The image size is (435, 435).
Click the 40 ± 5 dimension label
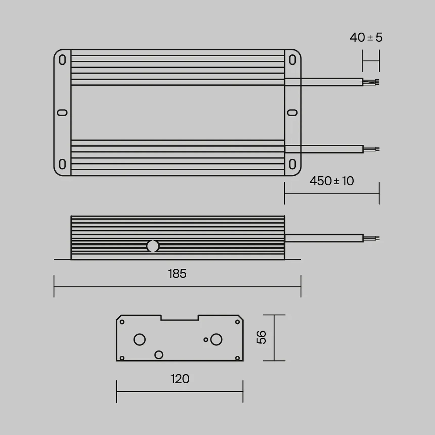[x=366, y=37]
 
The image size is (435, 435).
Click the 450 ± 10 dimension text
[x=332, y=181]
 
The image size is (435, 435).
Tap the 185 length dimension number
[x=177, y=274]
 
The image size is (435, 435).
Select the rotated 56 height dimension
[x=261, y=337]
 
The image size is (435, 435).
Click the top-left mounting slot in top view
[x=62, y=60]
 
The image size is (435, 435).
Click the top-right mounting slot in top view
[x=292, y=60]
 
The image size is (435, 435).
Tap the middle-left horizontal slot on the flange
[x=62, y=113]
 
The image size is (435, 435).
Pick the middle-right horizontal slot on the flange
[x=292, y=113]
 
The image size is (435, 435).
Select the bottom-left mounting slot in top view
[x=62, y=164]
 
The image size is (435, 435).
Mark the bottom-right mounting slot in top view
[x=292, y=164]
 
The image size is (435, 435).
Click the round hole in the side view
[x=153, y=246]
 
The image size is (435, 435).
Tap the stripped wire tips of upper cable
[x=371, y=82]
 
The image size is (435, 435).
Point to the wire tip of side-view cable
[x=372, y=238]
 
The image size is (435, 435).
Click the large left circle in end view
[x=139, y=339]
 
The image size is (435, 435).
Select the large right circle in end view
[x=216, y=339]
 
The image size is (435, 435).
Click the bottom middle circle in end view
[x=159, y=355]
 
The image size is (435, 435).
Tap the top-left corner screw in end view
[x=122, y=322]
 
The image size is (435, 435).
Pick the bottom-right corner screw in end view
[x=237, y=358]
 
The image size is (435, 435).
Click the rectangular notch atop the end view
[x=180, y=318]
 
